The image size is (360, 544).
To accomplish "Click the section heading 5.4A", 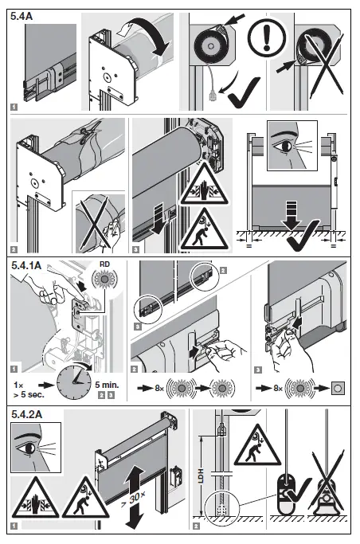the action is [22, 16].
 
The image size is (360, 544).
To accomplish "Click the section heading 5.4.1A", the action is [26, 265].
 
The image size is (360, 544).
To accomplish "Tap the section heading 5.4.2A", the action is [27, 414].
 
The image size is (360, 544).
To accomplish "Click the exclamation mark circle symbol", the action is [267, 37].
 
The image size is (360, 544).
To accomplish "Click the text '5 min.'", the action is [107, 385].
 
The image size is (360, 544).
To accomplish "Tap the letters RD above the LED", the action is [104, 264].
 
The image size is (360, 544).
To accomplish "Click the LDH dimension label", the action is [201, 476].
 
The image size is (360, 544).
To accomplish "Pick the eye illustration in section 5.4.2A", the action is [36, 448].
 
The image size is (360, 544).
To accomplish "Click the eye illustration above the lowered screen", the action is [292, 146].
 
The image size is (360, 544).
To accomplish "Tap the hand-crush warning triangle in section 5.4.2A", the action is [35, 499].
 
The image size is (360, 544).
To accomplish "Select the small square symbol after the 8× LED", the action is [338, 388].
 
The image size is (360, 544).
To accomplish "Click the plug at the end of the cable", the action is [212, 95].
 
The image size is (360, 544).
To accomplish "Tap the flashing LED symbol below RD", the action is [104, 279].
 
